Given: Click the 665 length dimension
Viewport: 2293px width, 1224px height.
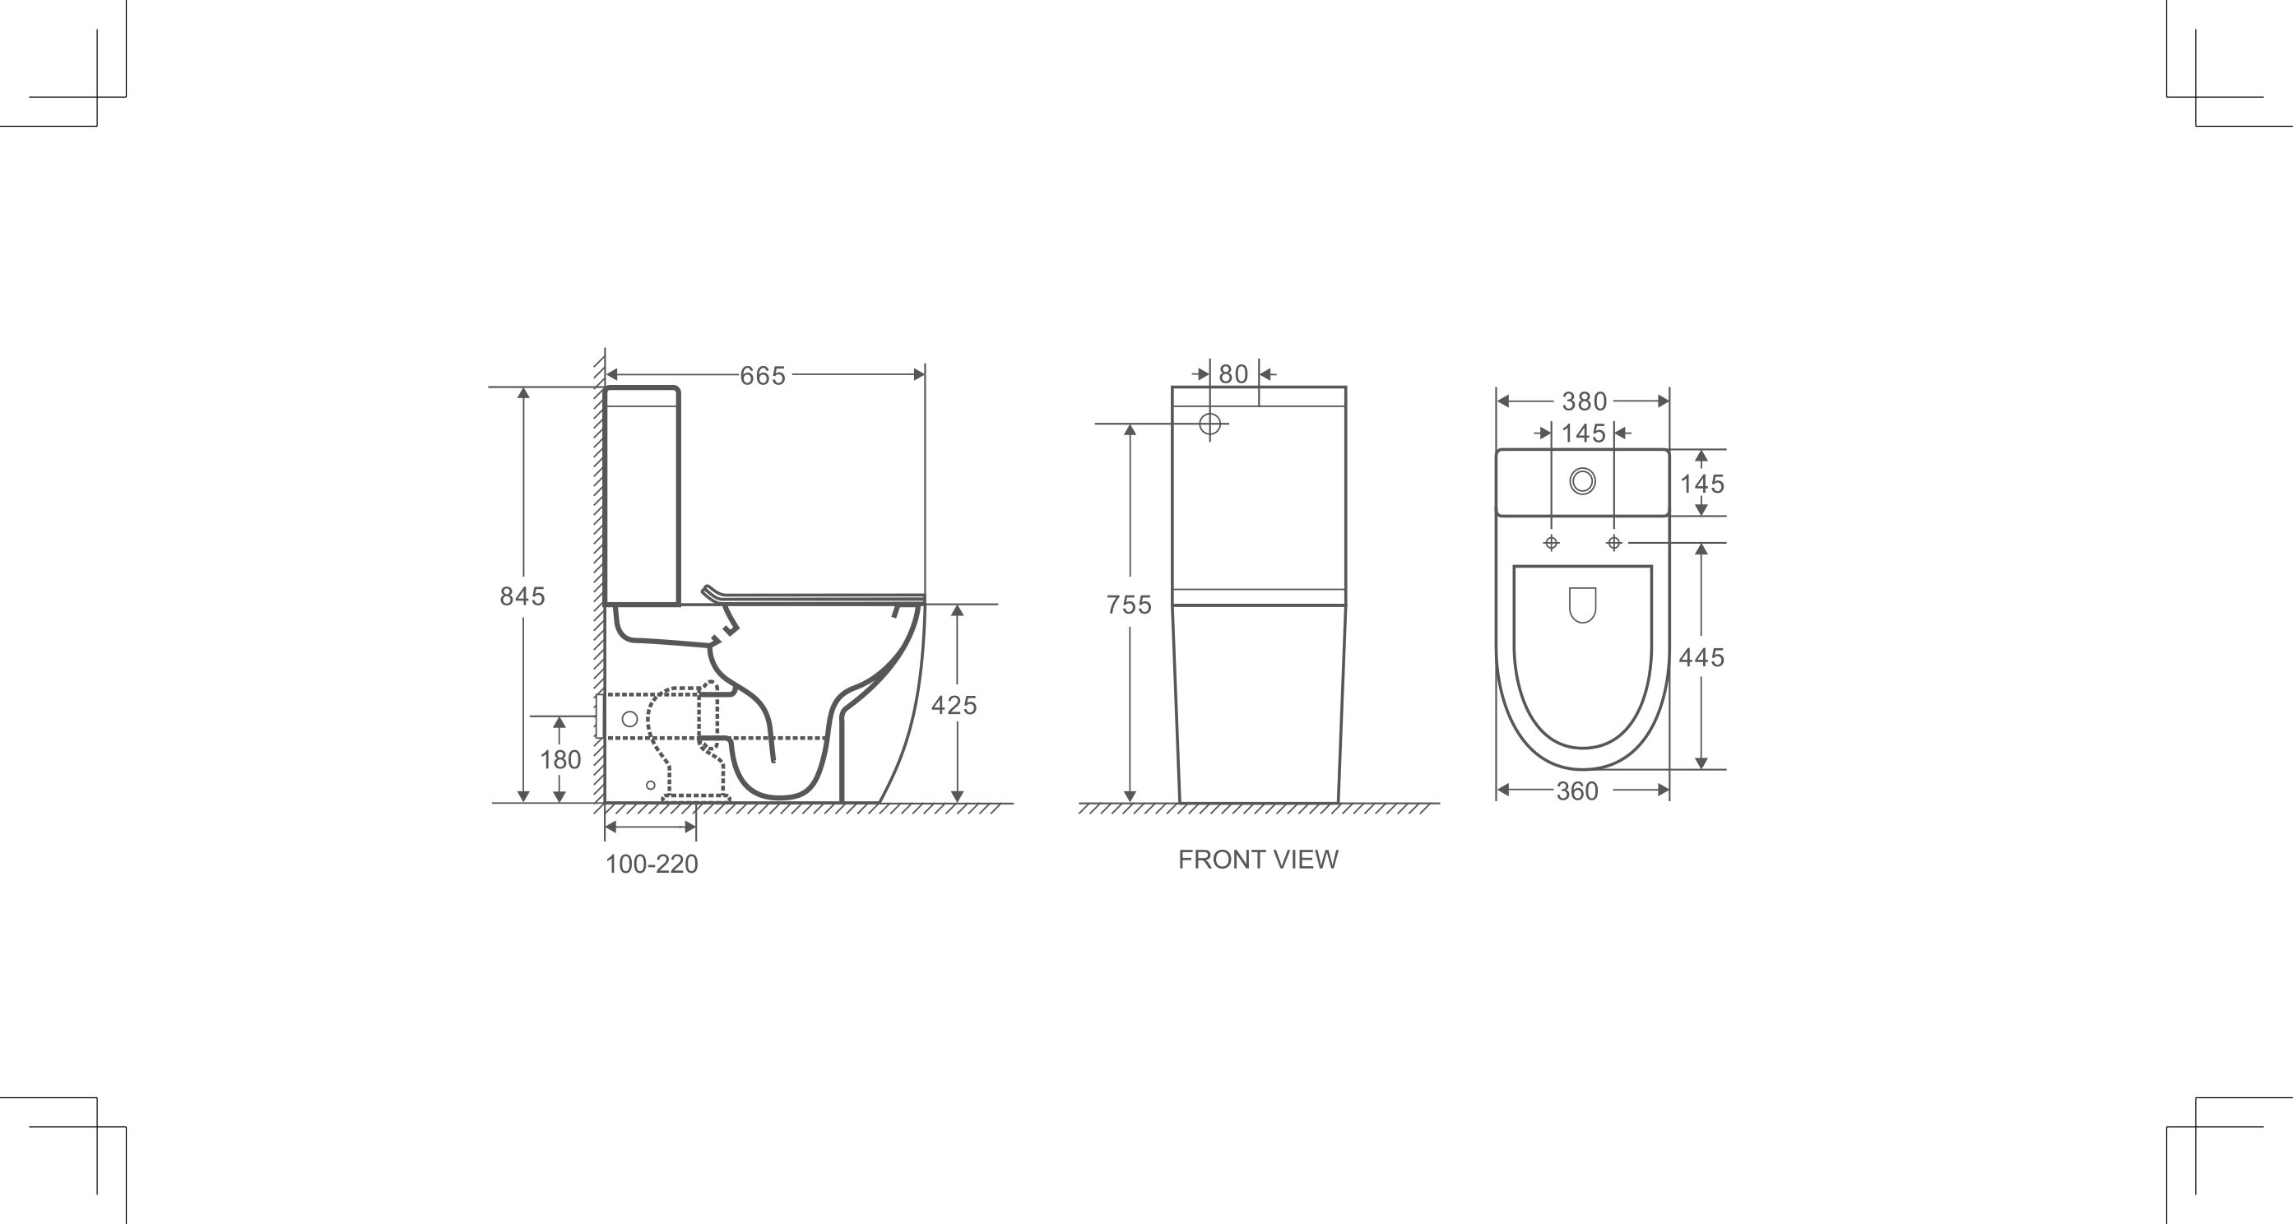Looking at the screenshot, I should click(x=763, y=376).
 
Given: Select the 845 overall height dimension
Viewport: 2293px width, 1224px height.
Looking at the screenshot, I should click(x=522, y=596).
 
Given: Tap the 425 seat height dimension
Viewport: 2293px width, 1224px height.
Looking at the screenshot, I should click(x=954, y=705).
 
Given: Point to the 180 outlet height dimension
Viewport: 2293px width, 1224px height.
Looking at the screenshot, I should click(x=560, y=759).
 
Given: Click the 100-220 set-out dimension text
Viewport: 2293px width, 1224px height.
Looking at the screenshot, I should click(x=652, y=865).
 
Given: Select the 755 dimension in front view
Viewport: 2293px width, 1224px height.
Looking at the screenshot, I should click(x=1128, y=605).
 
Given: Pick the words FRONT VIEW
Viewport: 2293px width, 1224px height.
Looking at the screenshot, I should click(x=1258, y=859).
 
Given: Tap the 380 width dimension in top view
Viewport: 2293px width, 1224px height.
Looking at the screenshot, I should click(x=1584, y=401).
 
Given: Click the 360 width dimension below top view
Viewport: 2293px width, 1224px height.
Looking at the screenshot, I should click(x=1576, y=791).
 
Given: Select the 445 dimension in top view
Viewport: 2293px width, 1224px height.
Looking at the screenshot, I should click(x=1701, y=658).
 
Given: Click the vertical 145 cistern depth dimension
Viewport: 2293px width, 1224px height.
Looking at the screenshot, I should click(x=1701, y=484).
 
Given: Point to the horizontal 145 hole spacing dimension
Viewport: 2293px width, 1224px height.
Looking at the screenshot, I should click(x=1583, y=433).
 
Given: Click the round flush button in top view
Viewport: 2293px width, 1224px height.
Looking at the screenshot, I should click(x=1583, y=481).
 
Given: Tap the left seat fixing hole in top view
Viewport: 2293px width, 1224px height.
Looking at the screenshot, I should click(x=1552, y=543).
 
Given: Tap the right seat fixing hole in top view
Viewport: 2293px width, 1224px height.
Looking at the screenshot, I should click(x=1614, y=543).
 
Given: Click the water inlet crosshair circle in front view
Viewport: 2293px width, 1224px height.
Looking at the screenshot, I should click(x=1209, y=424).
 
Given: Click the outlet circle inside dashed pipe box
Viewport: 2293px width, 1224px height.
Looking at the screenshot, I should click(x=629, y=718).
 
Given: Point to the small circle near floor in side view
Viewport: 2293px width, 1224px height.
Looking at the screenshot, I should click(x=651, y=785).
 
